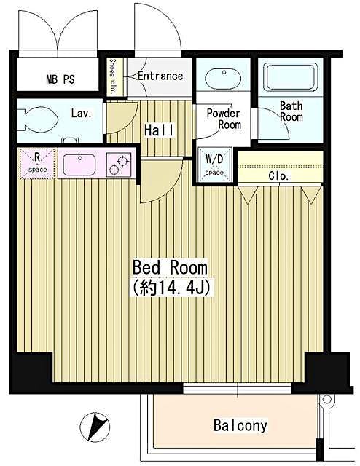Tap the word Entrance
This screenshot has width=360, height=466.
pyautogui.click(x=160, y=76)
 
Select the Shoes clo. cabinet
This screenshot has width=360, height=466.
pyautogui.click(x=113, y=76)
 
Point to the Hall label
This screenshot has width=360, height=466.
pyautogui.click(x=159, y=130)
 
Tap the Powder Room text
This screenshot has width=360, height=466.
pyautogui.click(x=223, y=119)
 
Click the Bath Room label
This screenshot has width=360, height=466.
pyautogui.click(x=291, y=111)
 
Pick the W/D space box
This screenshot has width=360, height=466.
pyautogui.click(x=214, y=165)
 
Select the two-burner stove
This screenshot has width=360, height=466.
pyautogui.click(x=120, y=164)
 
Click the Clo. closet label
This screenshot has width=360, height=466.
pyautogui.click(x=278, y=176)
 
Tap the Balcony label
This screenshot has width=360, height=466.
pyautogui.click(x=240, y=425)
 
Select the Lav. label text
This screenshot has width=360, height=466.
pyautogui.click(x=80, y=114)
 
